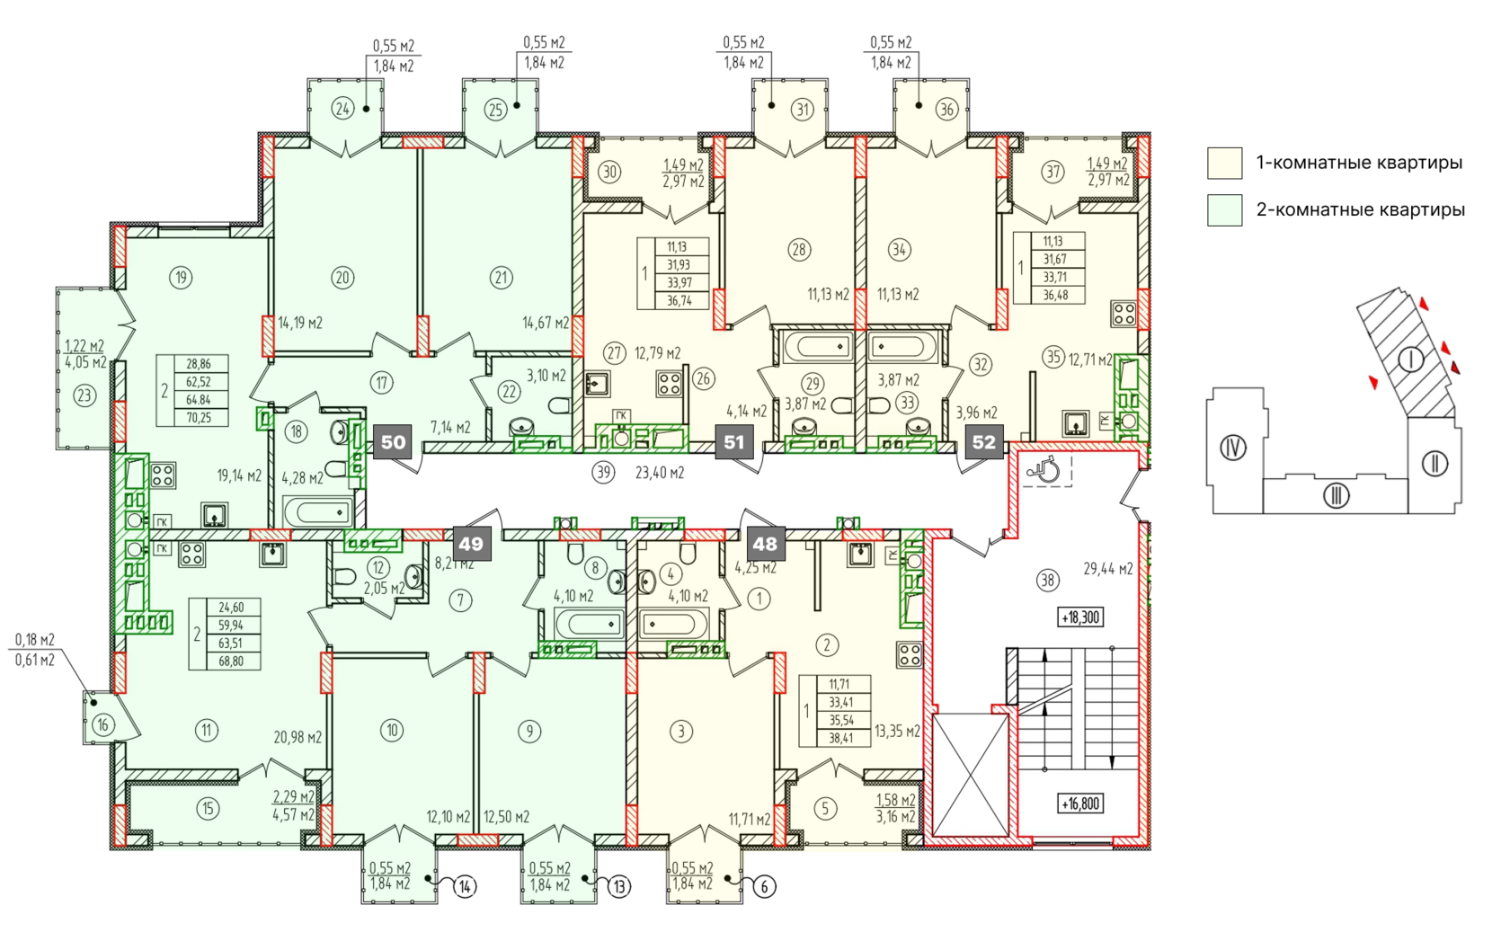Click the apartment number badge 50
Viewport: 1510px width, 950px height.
click(393, 442)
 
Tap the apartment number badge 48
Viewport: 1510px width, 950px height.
click(765, 544)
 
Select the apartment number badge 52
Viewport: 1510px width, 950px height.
click(984, 442)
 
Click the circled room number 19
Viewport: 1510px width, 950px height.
click(181, 277)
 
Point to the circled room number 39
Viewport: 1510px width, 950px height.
click(604, 473)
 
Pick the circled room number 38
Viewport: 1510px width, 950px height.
click(1048, 580)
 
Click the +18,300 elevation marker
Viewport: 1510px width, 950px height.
click(1080, 617)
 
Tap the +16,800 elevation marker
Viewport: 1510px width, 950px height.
click(1080, 804)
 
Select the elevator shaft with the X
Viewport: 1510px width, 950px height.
click(970, 776)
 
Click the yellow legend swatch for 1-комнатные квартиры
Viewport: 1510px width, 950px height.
click(1224, 164)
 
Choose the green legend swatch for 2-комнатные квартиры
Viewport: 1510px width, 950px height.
click(1224, 210)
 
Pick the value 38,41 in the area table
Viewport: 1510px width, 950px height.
click(840, 738)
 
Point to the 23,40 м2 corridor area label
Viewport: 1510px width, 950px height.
click(660, 474)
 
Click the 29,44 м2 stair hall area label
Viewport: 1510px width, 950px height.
click(1108, 569)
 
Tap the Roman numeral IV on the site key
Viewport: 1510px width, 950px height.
click(1233, 448)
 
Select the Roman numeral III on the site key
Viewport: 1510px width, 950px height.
click(1336, 496)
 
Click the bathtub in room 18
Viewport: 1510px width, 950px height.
click(317, 512)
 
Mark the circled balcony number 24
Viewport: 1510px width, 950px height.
click(343, 109)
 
